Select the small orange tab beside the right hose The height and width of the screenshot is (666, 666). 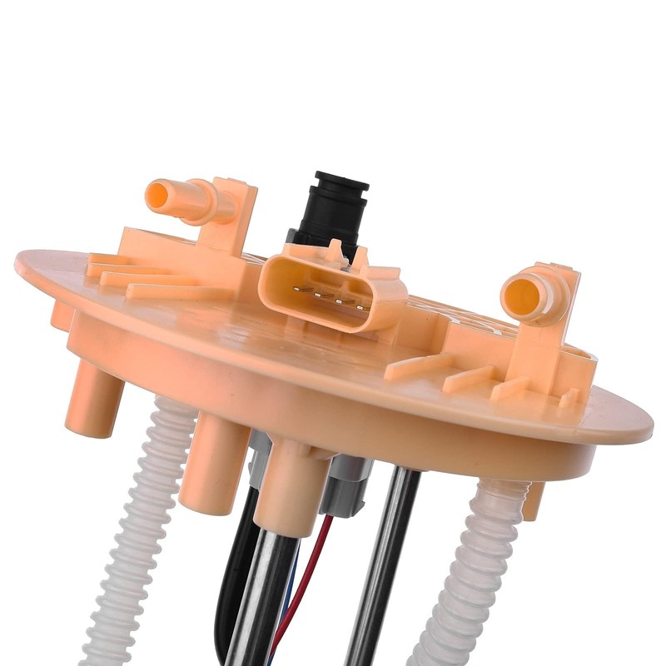coord(534,499)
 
